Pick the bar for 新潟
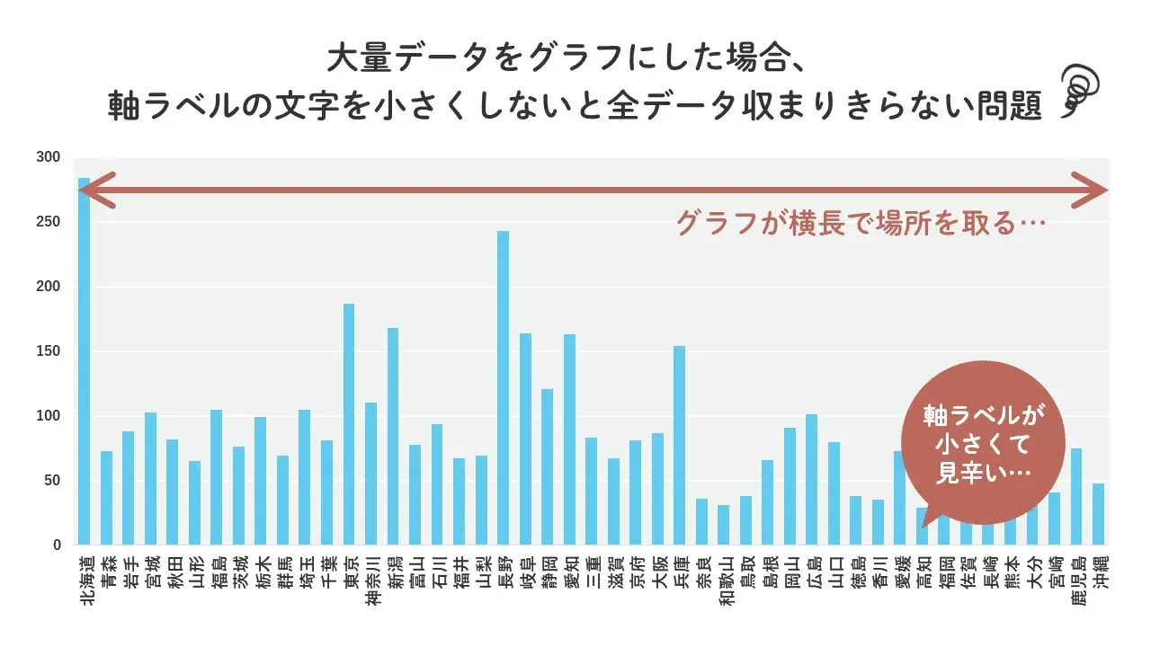click(x=393, y=437)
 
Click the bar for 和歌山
click(x=723, y=525)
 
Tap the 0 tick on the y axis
click(x=56, y=545)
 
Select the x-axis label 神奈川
click(x=371, y=583)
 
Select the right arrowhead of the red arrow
click(x=1095, y=191)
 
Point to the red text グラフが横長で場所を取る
click(x=861, y=223)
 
